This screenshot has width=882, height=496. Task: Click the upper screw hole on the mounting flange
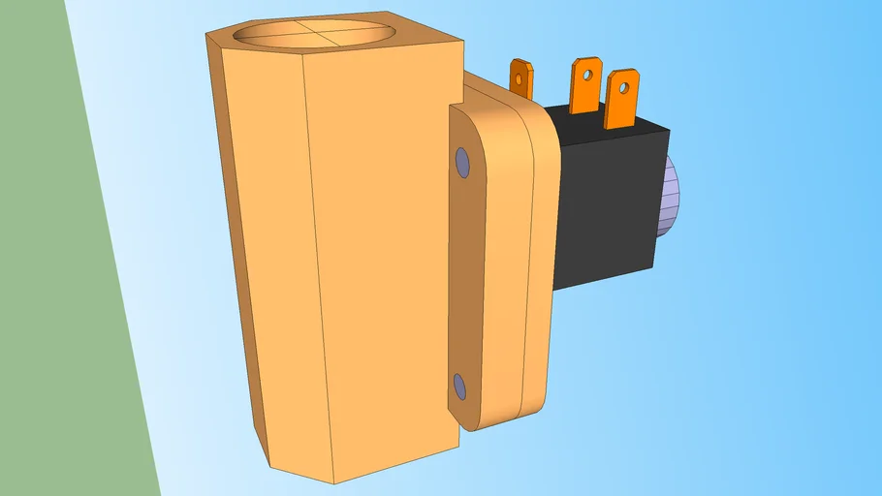[462, 162]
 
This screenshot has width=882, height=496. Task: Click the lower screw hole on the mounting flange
[459, 388]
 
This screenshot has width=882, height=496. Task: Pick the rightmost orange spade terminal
[620, 99]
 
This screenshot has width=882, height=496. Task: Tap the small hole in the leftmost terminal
[520, 74]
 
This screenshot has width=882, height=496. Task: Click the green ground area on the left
[58, 291]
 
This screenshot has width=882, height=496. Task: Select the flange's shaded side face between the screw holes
[468, 276]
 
